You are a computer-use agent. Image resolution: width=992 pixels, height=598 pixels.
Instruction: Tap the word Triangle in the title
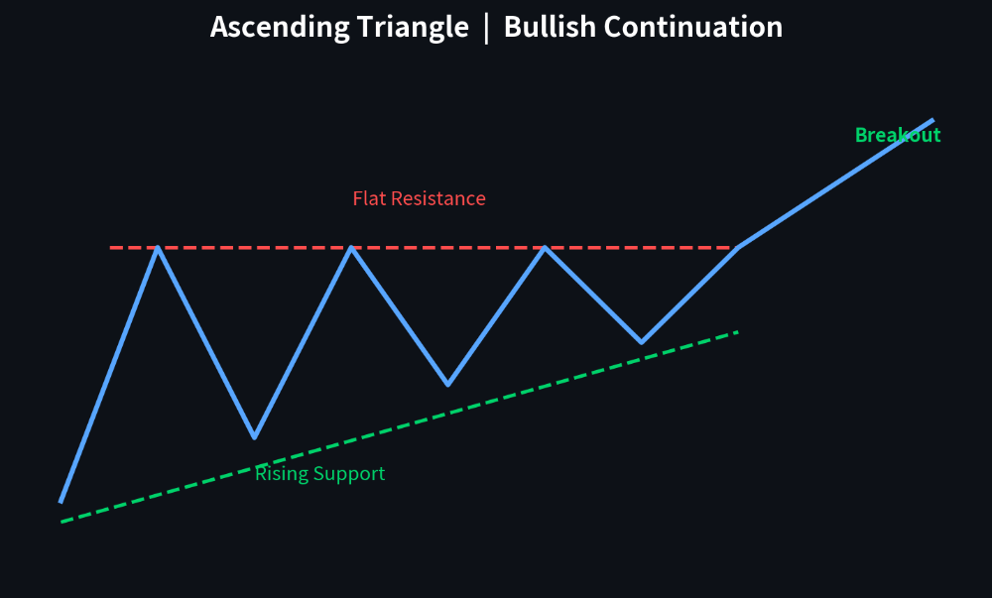pos(413,28)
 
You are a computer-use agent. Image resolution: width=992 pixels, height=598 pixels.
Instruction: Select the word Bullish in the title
pos(550,27)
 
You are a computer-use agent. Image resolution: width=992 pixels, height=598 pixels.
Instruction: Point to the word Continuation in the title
pos(693,27)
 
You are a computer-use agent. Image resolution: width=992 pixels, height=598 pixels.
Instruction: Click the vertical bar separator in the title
pos(486,29)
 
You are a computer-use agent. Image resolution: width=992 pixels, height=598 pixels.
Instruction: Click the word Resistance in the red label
pos(438,198)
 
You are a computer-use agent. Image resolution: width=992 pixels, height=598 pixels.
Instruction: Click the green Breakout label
pos(898,135)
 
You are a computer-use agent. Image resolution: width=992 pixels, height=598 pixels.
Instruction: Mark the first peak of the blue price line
pos(158,247)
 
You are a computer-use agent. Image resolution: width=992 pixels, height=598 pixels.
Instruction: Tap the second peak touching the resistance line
pos(351,247)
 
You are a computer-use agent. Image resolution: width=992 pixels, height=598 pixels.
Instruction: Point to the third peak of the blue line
pos(545,247)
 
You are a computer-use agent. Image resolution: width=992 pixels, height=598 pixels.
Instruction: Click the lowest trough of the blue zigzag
pos(254,436)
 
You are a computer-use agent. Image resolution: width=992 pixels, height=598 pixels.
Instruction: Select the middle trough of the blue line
pos(448,384)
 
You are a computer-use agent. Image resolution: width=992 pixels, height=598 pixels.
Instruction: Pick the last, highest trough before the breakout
pos(642,342)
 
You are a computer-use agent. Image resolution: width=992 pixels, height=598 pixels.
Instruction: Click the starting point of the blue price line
pos(61,502)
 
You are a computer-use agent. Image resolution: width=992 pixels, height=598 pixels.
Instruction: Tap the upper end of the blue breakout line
pos(933,120)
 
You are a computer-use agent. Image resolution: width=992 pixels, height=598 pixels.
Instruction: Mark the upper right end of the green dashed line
pos(738,332)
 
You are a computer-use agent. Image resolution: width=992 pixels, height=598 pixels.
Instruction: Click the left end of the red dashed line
pos(110,248)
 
